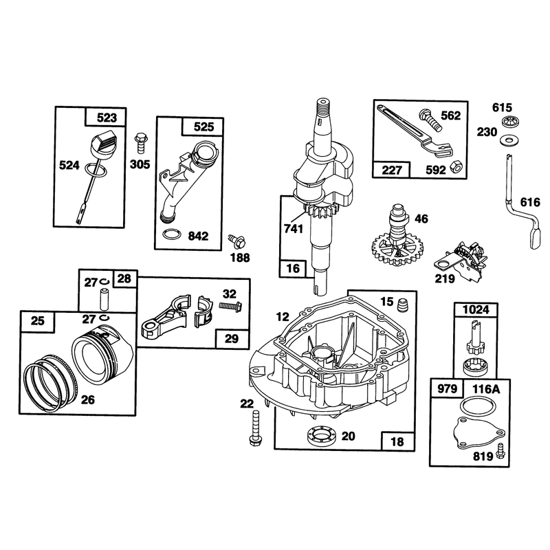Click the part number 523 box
107,117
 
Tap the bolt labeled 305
140,143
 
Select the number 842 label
198,236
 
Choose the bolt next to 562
431,120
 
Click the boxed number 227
391,170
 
